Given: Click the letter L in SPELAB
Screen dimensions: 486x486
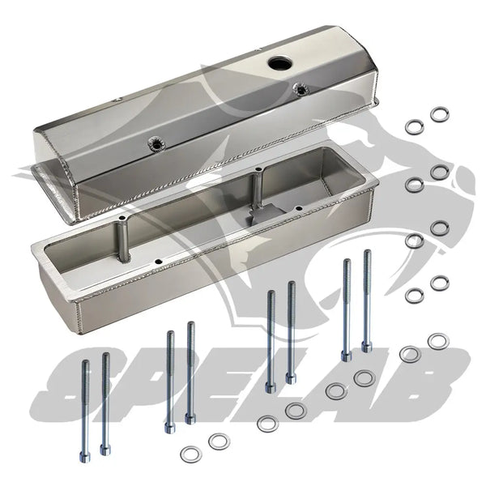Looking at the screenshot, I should [x=288, y=384].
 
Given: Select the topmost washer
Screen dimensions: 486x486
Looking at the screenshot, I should [x=439, y=114].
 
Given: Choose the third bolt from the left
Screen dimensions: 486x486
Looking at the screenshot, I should [x=170, y=381].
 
